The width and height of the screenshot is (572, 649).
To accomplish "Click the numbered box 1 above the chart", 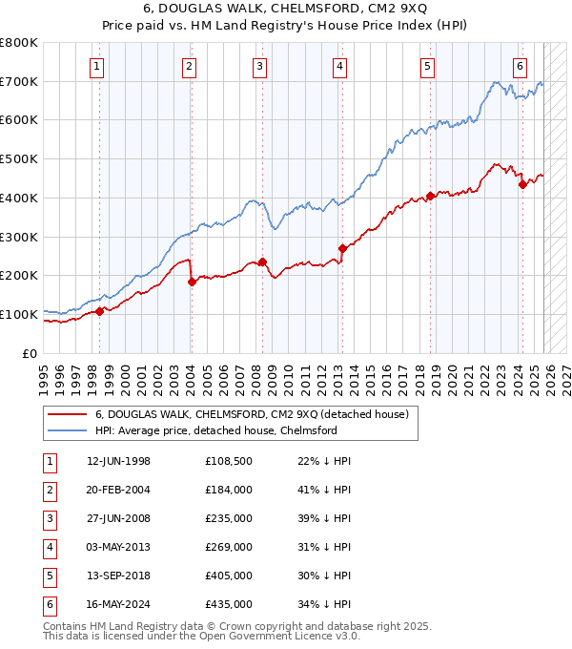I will coord(98,66).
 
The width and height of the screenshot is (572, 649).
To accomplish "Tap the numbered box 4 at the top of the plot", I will coord(339,66).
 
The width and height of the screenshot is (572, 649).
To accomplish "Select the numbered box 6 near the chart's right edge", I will coord(520,66).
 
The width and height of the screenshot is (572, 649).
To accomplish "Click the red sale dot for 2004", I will coord(192,282).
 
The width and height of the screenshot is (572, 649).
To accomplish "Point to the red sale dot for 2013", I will coord(341,249).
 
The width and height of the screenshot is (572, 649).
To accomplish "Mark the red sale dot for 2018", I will coord(430,197).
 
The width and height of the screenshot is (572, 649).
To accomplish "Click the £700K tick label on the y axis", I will coord(19,82).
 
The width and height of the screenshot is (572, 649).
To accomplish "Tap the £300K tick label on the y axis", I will coord(19,237).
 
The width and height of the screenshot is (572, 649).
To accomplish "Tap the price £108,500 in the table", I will coord(229,461).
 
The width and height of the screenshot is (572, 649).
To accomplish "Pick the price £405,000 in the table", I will coord(229,576).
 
